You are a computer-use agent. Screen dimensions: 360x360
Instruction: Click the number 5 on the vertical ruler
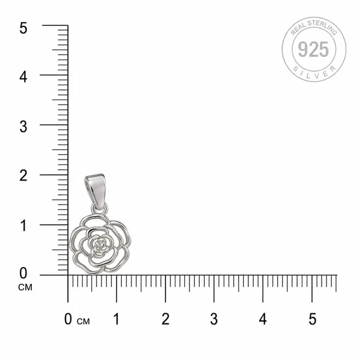(x=23, y=28)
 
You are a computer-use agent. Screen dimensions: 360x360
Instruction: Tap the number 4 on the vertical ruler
(x=23, y=77)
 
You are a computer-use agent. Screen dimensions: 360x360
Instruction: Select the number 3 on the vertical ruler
(x=23, y=127)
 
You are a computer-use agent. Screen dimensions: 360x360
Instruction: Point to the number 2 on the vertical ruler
(x=23, y=176)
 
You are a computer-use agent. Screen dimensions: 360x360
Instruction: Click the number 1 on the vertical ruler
(x=23, y=226)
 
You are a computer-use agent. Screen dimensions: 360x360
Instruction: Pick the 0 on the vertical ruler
(x=23, y=273)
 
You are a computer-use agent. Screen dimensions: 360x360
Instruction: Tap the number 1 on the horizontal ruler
(x=116, y=319)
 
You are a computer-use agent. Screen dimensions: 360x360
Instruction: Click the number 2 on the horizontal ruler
(x=166, y=319)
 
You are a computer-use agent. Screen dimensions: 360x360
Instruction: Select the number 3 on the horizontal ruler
(x=214, y=319)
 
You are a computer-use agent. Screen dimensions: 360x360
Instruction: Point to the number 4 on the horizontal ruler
(x=263, y=319)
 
